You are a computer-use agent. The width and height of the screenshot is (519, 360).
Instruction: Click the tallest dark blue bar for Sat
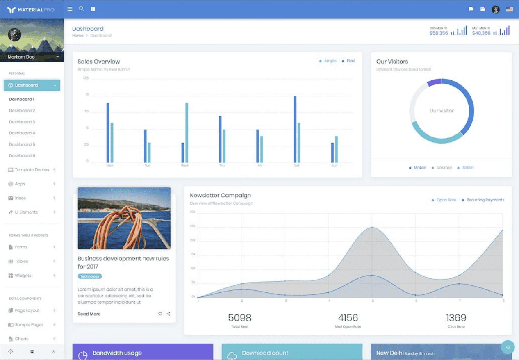(295, 129)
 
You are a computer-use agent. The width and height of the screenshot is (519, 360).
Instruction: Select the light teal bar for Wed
(187, 132)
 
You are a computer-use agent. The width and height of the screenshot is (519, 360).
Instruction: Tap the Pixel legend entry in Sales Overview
(351, 61)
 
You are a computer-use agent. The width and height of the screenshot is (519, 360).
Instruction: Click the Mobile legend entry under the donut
(420, 168)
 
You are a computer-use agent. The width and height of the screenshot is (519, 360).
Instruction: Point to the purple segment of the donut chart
(434, 82)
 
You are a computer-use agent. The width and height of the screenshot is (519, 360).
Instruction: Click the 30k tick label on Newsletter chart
(192, 212)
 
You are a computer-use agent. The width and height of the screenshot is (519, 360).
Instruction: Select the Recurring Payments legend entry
(485, 200)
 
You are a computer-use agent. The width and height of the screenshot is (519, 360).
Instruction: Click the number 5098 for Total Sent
(239, 318)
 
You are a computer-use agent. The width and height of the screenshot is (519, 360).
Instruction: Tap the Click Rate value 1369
(456, 318)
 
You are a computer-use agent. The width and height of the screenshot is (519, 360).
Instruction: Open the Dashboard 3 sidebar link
(22, 122)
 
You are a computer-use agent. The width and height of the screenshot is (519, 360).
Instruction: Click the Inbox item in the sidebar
(20, 198)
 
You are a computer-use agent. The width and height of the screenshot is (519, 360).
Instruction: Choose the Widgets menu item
(23, 276)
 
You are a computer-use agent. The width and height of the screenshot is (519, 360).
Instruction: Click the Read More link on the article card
(89, 314)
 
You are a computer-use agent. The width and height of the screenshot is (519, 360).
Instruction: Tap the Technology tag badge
(90, 276)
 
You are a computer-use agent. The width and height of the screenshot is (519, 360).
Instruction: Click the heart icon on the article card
(160, 314)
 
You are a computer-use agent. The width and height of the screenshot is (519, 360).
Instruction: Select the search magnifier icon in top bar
(81, 9)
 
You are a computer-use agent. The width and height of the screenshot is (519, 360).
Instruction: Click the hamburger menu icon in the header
(70, 9)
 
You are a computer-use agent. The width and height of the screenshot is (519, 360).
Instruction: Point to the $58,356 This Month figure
(439, 33)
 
